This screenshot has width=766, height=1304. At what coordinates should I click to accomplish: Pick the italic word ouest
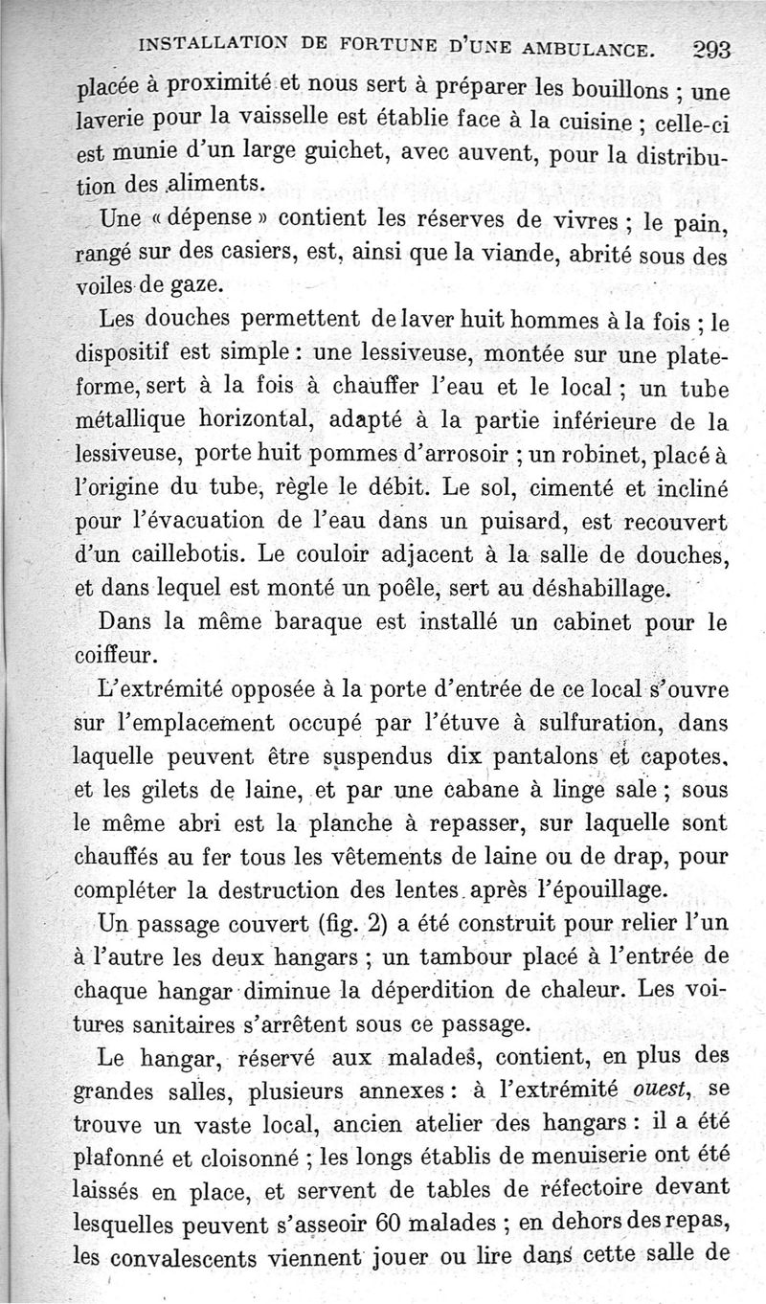pos(657,1090)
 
